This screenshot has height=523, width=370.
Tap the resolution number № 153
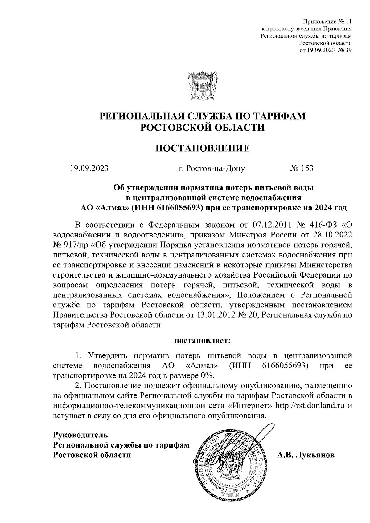[x=302, y=168]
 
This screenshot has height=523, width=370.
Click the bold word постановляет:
[x=203, y=341]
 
